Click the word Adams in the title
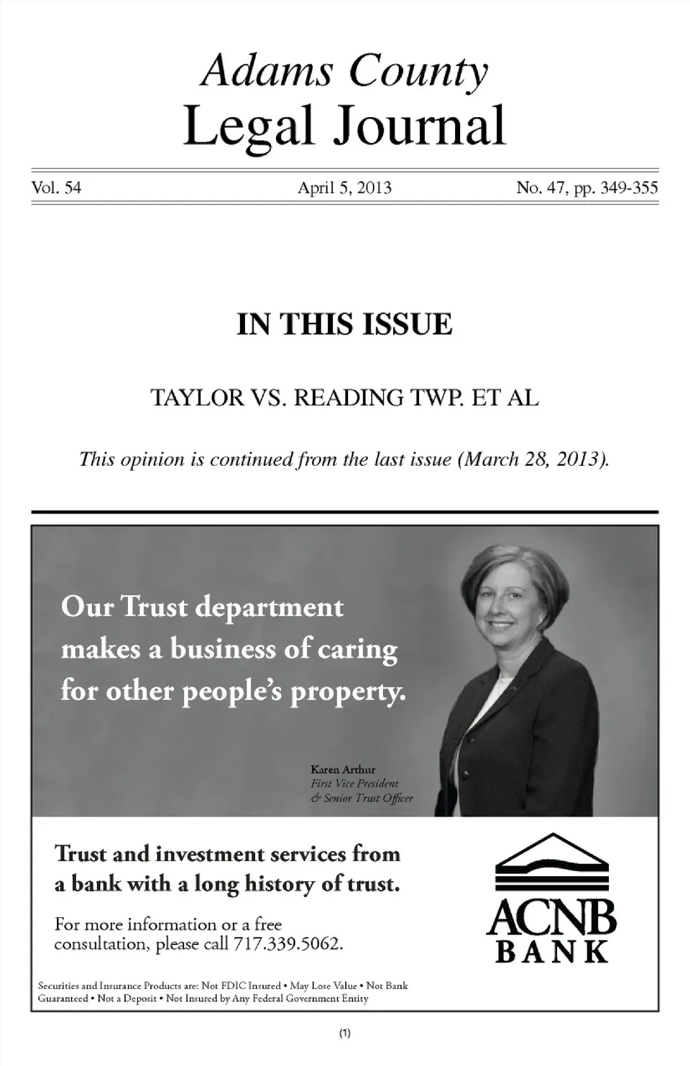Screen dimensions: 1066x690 [267, 71]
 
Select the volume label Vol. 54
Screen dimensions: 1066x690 [56, 188]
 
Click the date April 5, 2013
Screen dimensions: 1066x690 [344, 188]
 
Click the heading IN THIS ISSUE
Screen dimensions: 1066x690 [345, 324]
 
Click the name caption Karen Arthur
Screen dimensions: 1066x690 [343, 770]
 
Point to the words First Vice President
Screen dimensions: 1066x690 [354, 784]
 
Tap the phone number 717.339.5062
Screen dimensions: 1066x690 [286, 944]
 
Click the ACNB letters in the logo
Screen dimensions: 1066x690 [552, 918]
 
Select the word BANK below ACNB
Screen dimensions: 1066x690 [552, 952]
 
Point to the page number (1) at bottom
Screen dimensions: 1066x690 [344, 1034]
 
